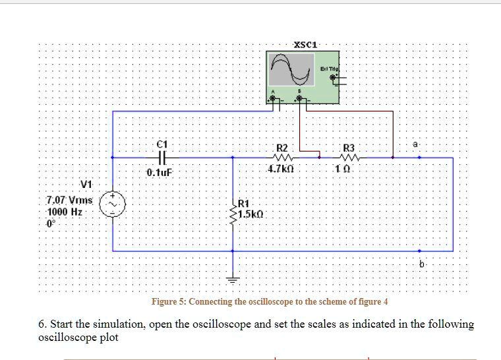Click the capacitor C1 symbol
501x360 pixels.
163,158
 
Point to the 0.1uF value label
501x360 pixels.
160,172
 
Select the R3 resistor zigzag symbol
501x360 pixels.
349,158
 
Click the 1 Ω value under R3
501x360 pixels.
348,169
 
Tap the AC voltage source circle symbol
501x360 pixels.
112,204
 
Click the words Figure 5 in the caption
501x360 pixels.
168,302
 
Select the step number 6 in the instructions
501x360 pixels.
42,324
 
